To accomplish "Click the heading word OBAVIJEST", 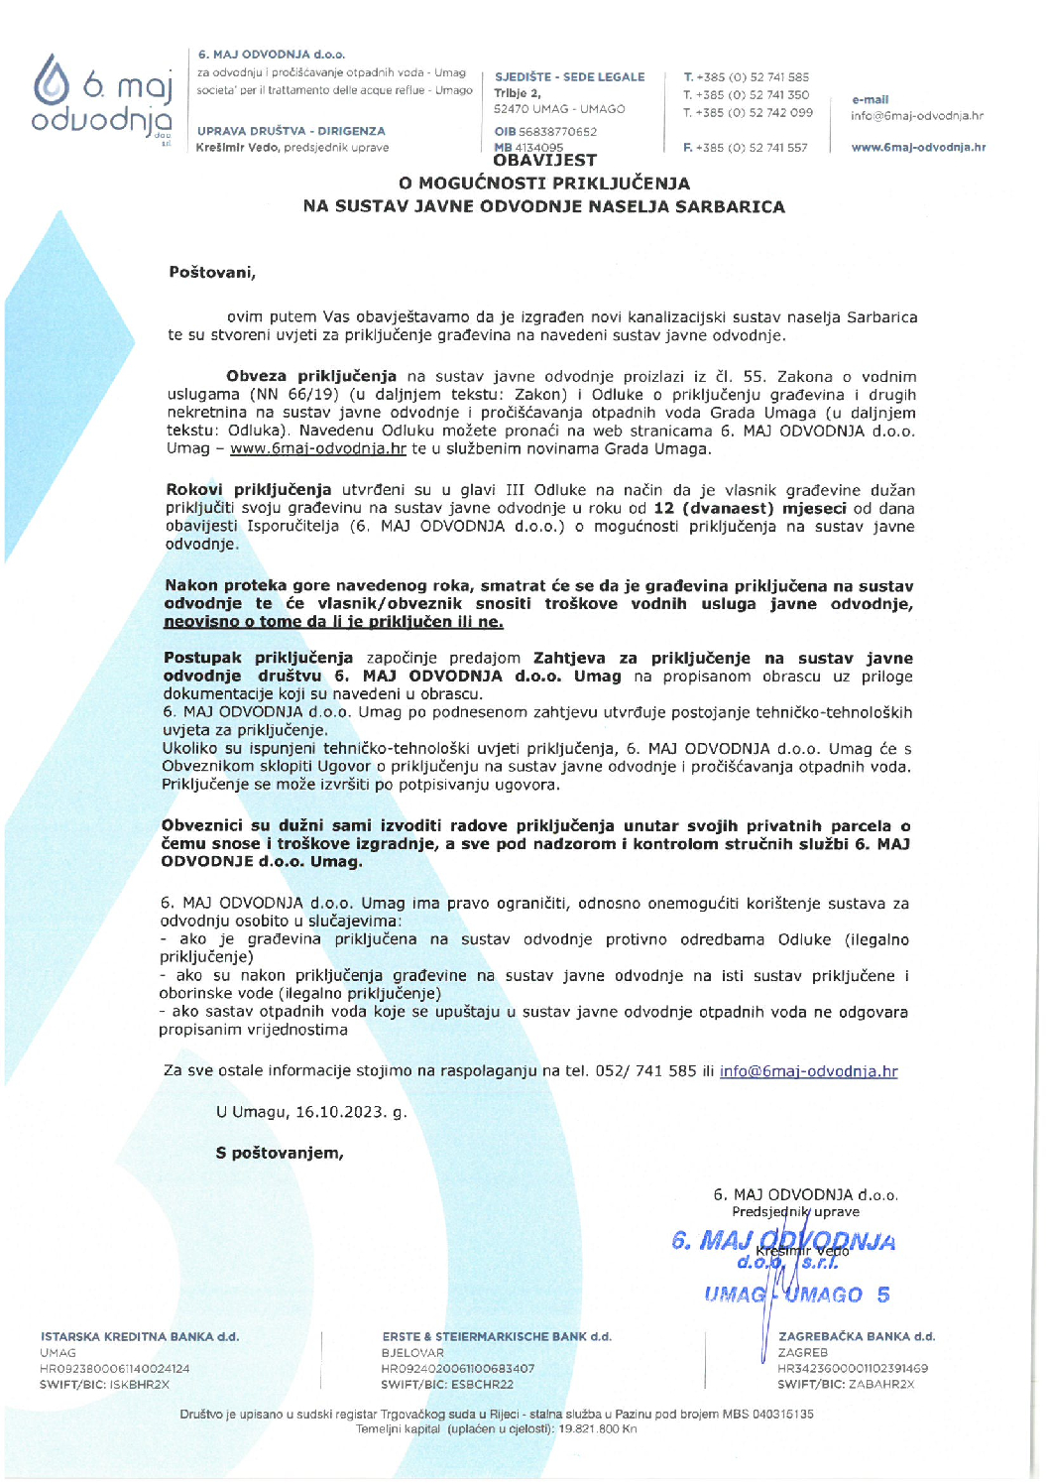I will pos(544,161).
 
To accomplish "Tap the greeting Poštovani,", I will pos(212,273).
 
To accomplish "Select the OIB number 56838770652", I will pos(557,132).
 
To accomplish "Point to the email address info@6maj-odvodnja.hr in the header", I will pos(916,116).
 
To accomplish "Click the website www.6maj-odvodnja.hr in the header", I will pos(918,148).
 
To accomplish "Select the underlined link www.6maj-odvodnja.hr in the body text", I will pos(318,449).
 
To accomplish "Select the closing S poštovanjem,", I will pos(280,1154).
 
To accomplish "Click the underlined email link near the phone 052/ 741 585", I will pos(808,1071).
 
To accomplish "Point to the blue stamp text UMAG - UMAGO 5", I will pos(796,1296).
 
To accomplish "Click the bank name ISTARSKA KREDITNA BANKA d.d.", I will pos(140,1337).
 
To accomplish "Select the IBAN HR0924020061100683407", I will pos(457,1369).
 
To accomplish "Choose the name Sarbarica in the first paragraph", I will pos(881,317).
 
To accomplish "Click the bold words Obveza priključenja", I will pos(310,377).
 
